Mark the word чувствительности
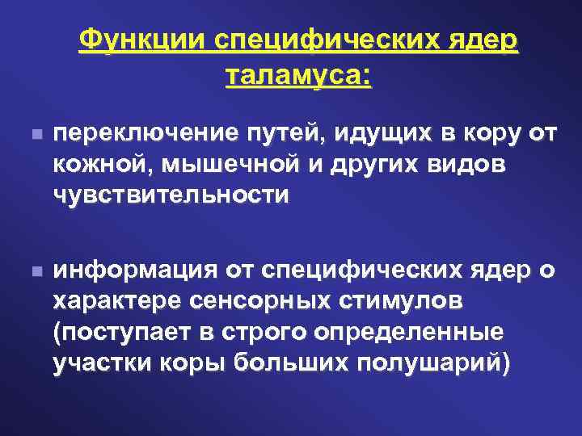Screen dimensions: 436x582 pyautogui.click(x=170, y=195)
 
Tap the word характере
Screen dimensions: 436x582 pyautogui.click(x=116, y=302)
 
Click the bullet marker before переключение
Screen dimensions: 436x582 pyautogui.click(x=29, y=134)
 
